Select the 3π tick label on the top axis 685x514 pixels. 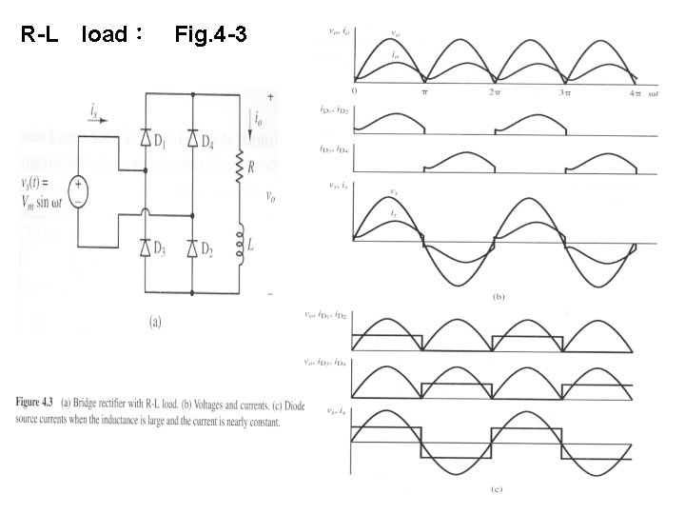[565, 92]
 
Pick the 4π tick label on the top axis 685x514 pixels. [635, 92]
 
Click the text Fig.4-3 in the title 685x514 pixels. [212, 36]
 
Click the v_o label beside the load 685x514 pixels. [271, 198]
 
